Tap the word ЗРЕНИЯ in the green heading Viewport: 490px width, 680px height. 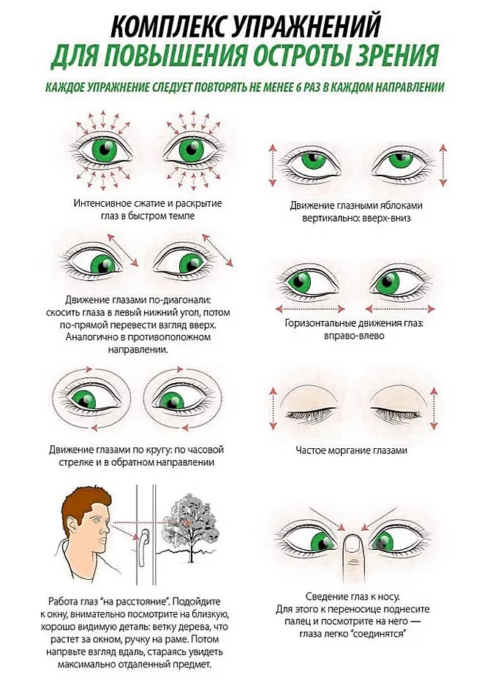pos(393,56)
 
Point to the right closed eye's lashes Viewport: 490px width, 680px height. pos(396,414)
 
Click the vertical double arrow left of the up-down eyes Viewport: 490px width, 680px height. pos(273,165)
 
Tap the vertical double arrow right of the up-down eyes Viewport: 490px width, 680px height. pos(442,165)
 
